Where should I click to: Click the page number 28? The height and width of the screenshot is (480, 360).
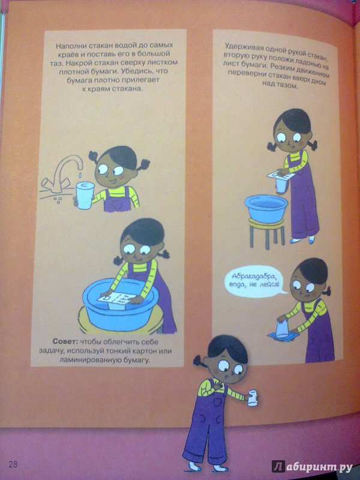[x=13, y=464]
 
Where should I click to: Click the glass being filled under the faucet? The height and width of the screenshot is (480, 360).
[x=85, y=196]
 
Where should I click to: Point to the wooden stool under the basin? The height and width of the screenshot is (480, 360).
[x=266, y=232]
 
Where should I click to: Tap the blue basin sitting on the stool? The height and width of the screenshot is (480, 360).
[x=266, y=209]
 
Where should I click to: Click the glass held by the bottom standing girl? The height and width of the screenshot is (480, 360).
[x=253, y=397]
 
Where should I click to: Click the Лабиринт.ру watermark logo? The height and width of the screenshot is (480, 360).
[x=311, y=467]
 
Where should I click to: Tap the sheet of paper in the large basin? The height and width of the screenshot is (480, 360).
[x=118, y=299]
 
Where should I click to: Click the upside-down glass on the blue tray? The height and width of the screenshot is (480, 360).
[x=282, y=329]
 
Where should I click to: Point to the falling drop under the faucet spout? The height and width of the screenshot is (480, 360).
[x=80, y=174]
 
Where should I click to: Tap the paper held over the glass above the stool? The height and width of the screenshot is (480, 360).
[x=280, y=175]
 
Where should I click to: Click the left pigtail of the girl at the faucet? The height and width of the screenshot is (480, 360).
[x=94, y=156]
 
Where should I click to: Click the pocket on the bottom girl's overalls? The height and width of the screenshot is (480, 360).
[x=218, y=401]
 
